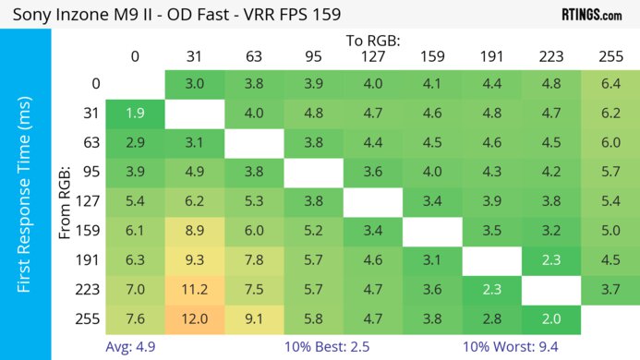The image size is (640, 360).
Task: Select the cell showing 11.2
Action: click(x=194, y=290)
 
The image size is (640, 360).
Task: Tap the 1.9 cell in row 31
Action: click(x=135, y=114)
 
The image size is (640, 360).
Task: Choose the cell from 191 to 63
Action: click(x=254, y=261)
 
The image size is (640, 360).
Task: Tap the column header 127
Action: click(x=372, y=56)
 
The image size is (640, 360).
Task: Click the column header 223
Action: click(x=550, y=56)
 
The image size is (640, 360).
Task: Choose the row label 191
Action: click(x=88, y=261)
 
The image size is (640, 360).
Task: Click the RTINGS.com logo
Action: click(x=591, y=15)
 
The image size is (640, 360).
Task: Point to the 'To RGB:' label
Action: click(x=373, y=41)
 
